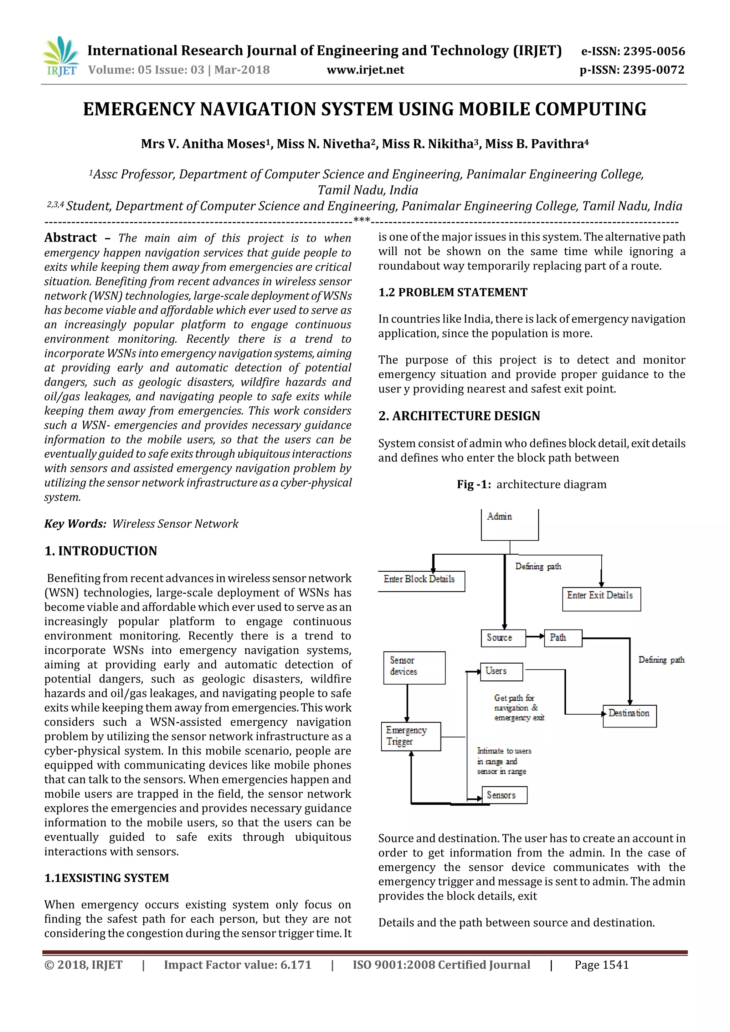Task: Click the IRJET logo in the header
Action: [61, 57]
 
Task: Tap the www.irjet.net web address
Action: [365, 70]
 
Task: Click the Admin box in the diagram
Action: [510, 524]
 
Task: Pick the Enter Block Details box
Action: [421, 581]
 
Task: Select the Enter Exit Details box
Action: [601, 599]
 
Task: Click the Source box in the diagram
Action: [503, 638]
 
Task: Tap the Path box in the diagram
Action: [563, 638]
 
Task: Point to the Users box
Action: [501, 671]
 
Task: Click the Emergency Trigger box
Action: [411, 736]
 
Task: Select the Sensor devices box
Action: [414, 668]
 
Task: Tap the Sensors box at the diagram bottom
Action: [504, 795]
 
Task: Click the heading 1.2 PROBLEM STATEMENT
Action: [452, 292]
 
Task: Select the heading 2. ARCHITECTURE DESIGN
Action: [459, 416]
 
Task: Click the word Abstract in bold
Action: [71, 237]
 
